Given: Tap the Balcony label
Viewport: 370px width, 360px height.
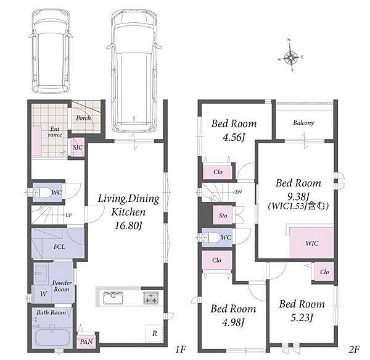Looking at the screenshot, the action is coord(303,123).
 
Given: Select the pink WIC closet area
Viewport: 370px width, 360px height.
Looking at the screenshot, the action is coord(311,243).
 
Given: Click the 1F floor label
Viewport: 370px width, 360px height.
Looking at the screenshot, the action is coord(181,349).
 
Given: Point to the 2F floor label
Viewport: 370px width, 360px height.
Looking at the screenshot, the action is coord(354,349).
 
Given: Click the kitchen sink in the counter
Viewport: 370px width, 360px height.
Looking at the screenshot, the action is coord(113,298).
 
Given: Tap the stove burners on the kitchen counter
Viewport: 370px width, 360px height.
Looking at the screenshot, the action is coord(151,298).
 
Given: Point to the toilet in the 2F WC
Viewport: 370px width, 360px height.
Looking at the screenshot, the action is coord(212,237).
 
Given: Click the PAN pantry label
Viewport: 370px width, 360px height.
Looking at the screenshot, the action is coord(86,342).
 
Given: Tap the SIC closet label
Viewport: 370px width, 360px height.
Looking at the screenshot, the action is coord(78,148).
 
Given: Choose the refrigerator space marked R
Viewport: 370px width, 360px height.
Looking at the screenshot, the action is coord(154,333).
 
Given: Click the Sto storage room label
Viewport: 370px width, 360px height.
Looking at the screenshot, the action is coord(223,216).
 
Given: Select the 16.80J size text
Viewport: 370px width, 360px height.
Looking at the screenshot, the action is coord(129,225).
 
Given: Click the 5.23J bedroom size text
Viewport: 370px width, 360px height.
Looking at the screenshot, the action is coord(302,318).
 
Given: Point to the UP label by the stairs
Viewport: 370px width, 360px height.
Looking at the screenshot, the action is coord(68,215).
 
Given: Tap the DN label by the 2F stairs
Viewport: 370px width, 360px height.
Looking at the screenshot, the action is coord(238,192).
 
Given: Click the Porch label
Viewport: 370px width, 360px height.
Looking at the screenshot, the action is coord(83,118).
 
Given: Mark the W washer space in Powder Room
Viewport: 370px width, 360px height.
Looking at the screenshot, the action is coord(43,294).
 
